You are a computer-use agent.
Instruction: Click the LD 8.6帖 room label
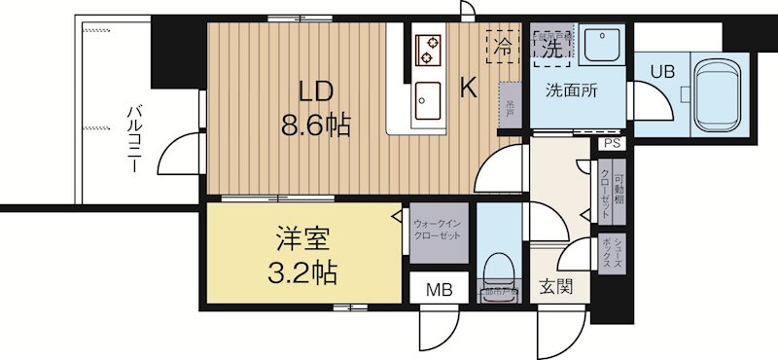click(317, 107)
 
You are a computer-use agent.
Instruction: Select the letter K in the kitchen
click(468, 89)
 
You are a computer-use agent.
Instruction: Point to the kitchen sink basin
click(428, 97)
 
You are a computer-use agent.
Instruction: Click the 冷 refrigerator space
click(503, 45)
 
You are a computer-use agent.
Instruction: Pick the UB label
click(660, 71)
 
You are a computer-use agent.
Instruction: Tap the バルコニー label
click(132, 139)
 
